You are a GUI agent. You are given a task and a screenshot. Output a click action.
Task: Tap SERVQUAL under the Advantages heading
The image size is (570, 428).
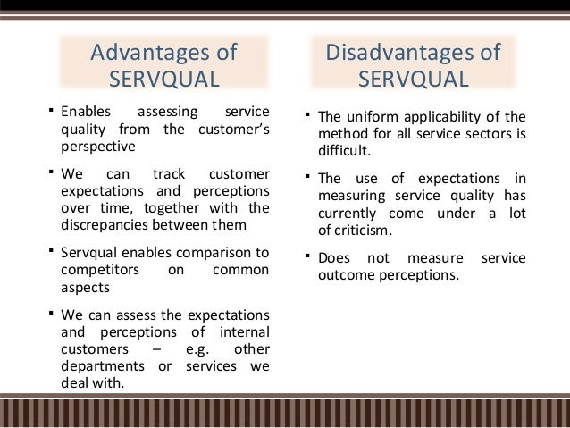[163, 80]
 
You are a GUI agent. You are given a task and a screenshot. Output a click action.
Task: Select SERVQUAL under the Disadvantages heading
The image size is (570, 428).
[413, 80]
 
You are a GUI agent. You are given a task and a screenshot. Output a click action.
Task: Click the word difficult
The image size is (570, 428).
[344, 151]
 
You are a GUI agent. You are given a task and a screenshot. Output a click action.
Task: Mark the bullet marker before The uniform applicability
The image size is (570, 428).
[306, 114]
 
